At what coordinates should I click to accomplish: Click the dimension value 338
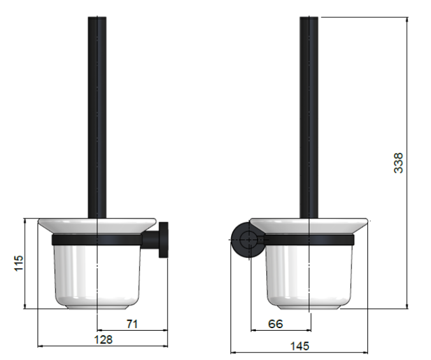tap(399, 163)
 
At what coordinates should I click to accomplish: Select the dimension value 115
tap(18, 263)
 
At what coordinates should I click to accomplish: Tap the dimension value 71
tap(132, 324)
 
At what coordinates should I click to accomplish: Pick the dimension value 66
tap(275, 324)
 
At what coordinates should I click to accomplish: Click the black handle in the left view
tap(96, 115)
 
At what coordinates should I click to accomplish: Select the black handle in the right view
tap(309, 115)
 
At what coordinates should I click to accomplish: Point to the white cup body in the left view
tap(95, 274)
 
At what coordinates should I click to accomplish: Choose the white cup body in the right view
tap(308, 274)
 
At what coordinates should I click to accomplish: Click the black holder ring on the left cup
tap(95, 240)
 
